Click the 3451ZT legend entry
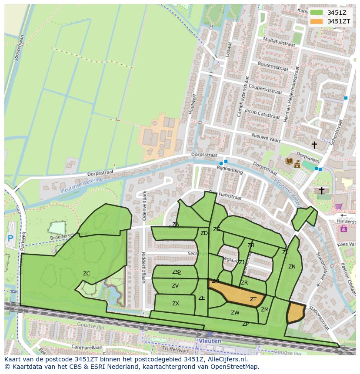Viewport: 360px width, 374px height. (x=339, y=21)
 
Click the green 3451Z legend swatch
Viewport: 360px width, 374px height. (x=317, y=13)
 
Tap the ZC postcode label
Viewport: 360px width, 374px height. (x=87, y=273)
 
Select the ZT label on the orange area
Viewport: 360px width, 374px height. (x=253, y=299)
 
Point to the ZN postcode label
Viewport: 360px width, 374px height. (x=292, y=267)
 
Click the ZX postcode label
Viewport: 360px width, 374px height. (x=176, y=304)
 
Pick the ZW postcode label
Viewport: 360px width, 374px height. (x=235, y=313)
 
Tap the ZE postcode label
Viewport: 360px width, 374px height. (x=202, y=298)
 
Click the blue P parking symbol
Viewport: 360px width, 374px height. (x=10, y=238)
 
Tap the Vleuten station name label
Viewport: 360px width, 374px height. (x=210, y=341)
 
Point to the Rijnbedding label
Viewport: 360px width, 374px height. (x=230, y=170)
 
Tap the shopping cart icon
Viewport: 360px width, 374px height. (x=339, y=206)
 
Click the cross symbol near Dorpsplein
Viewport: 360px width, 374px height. (x=314, y=145)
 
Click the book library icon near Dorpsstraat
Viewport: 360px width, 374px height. (x=289, y=161)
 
